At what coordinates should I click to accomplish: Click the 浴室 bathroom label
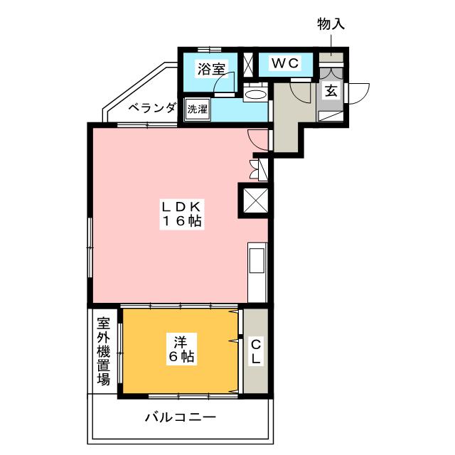tap(211, 69)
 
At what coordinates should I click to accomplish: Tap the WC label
tap(285, 63)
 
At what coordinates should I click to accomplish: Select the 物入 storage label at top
tap(331, 24)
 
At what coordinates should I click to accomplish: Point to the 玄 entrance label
tap(331, 91)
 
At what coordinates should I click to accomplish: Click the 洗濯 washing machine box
tap(198, 109)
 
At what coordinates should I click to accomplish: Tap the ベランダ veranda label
tap(152, 108)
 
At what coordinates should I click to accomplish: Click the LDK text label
tap(181, 207)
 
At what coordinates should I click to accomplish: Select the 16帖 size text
tap(182, 221)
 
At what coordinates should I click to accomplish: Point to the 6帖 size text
tap(181, 356)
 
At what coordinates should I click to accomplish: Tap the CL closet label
tap(256, 352)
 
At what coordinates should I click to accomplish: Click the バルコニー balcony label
tap(181, 417)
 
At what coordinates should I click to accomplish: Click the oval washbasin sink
tap(255, 95)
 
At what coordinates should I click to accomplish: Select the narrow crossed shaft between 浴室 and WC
tap(248, 65)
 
